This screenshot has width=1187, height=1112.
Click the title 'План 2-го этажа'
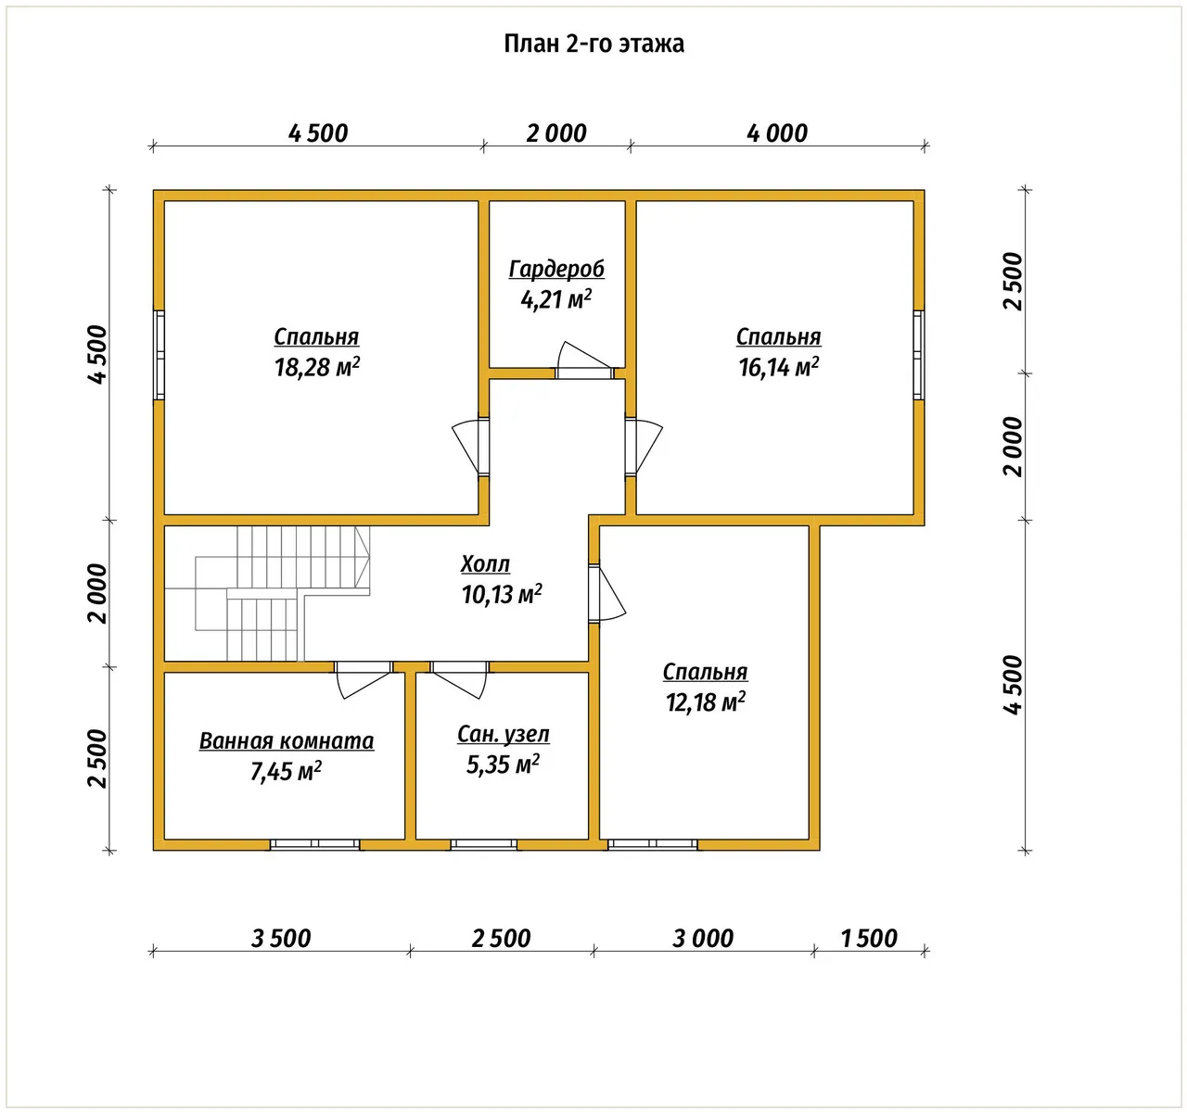click(x=593, y=44)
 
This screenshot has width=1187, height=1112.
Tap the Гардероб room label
click(x=556, y=270)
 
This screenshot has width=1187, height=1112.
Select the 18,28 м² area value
click(x=317, y=367)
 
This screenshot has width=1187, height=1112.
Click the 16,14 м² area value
click(x=778, y=367)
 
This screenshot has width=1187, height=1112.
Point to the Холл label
click(x=485, y=563)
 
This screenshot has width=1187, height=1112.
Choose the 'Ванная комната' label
click(x=287, y=741)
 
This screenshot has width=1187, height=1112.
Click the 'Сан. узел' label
click(x=504, y=734)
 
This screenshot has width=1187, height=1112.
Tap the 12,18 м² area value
click(x=706, y=702)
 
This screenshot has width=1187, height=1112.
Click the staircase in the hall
click(x=267, y=593)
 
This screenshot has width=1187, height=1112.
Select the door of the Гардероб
click(x=584, y=360)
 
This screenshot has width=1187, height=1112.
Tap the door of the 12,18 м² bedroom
click(x=606, y=593)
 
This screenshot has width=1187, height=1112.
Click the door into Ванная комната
click(x=363, y=679)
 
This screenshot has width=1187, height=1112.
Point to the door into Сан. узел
click(x=459, y=679)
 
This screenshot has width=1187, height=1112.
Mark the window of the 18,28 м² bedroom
click(x=159, y=355)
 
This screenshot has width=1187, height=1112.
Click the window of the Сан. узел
click(x=483, y=844)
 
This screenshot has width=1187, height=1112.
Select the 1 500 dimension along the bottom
click(x=869, y=938)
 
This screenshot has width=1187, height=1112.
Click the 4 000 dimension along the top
click(x=777, y=133)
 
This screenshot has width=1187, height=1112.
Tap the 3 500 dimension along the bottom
click(x=281, y=938)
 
